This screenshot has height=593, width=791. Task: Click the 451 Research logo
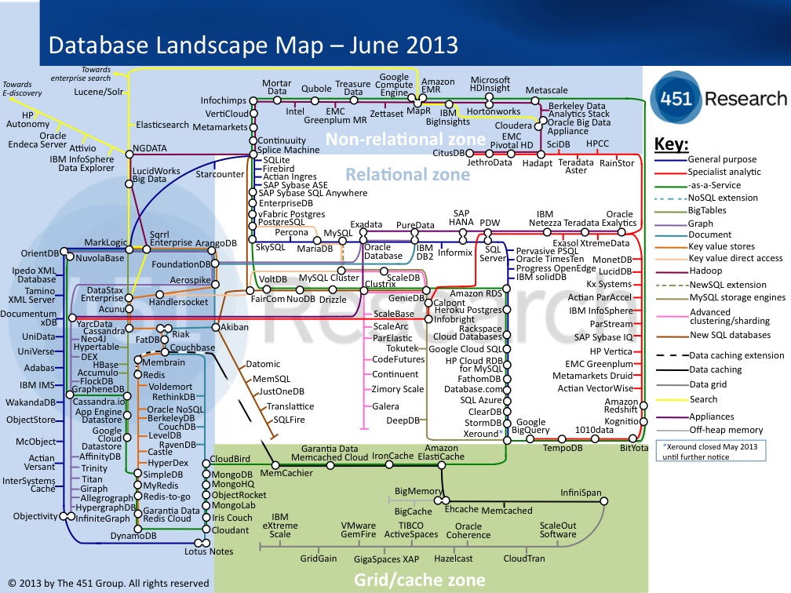(x=718, y=98)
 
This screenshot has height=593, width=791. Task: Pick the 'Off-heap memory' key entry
(x=726, y=430)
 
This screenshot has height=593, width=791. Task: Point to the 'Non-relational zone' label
(x=406, y=140)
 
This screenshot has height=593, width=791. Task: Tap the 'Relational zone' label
(x=408, y=175)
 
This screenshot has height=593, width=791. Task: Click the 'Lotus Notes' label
(x=209, y=551)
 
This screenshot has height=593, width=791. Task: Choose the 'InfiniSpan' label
(x=581, y=493)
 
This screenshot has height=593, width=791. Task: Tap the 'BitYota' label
(x=634, y=448)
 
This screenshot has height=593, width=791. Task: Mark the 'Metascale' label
(x=547, y=91)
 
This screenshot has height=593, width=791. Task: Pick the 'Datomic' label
(x=263, y=364)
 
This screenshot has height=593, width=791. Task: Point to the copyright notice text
(x=108, y=583)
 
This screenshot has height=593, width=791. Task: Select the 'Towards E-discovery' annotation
(x=22, y=89)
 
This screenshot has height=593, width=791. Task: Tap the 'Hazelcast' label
(x=454, y=558)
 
